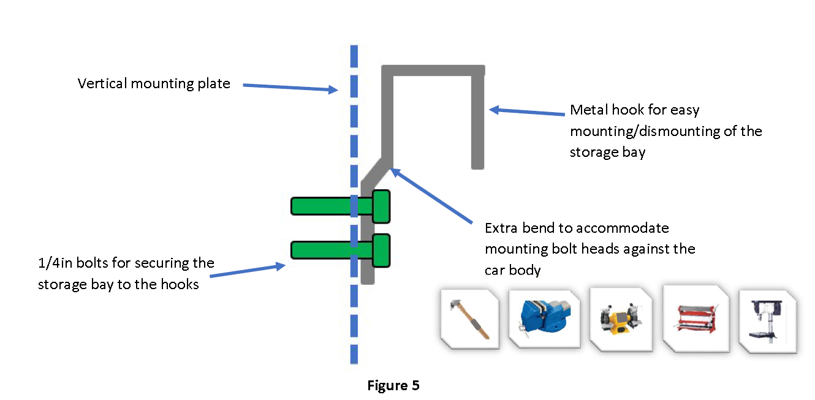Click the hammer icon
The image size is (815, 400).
(469, 319)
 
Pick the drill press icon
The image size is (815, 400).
(768, 320)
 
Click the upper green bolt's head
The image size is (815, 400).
(381, 206)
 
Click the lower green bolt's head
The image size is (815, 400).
(381, 250)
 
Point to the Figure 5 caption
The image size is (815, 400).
(393, 386)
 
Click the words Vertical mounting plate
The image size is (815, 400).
(154, 83)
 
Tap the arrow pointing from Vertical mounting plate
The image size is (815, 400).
(290, 88)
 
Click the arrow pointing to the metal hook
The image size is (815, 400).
(527, 113)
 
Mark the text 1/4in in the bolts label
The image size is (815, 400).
(53, 263)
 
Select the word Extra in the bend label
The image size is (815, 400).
(501, 228)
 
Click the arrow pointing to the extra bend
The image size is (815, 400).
(432, 195)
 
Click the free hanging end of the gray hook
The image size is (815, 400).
(478, 163)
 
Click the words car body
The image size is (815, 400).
(512, 270)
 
